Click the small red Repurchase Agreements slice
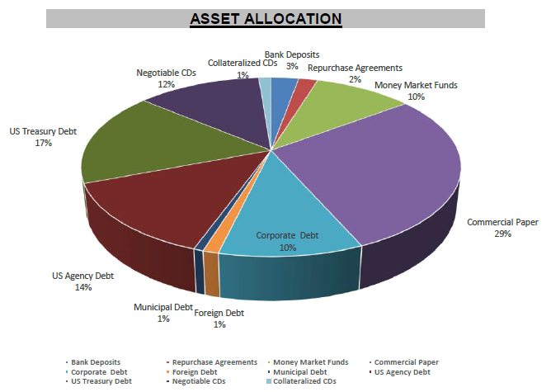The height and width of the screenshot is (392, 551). (x=304, y=87)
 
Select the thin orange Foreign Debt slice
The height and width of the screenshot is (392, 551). (x=211, y=247)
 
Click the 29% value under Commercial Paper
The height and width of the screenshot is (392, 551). (x=502, y=234)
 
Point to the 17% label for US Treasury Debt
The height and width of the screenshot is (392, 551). (x=43, y=143)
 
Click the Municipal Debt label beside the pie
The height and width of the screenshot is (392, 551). (x=163, y=307)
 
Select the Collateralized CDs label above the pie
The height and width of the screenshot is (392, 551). (x=242, y=64)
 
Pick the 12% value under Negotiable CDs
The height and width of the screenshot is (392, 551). (x=167, y=84)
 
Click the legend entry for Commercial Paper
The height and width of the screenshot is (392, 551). (x=406, y=362)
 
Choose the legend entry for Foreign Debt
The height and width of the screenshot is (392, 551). (x=199, y=372)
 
